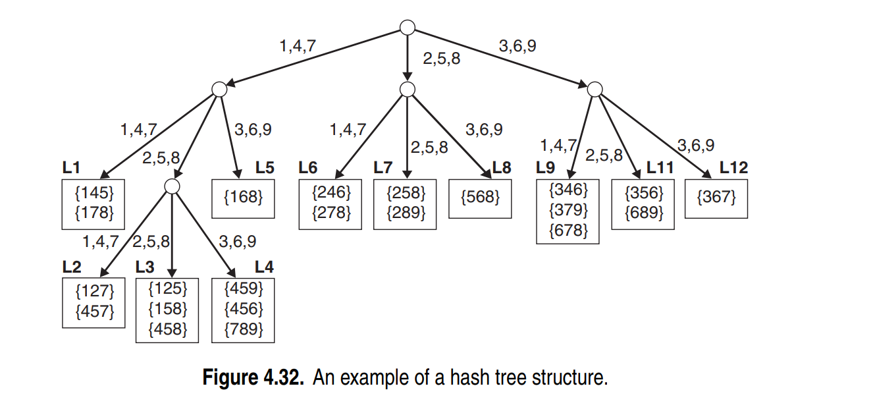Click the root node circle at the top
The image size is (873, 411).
pyautogui.click(x=408, y=28)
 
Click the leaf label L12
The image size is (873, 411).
pyautogui.click(x=733, y=168)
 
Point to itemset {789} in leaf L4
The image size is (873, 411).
pyautogui.click(x=244, y=329)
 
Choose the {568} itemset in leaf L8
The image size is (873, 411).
pyautogui.click(x=480, y=196)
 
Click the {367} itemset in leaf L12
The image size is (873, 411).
pyautogui.click(x=716, y=196)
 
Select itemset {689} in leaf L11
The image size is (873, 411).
pyautogui.click(x=642, y=213)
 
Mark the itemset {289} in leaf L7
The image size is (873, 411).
pyautogui.click(x=406, y=213)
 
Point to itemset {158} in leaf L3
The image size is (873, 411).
pyautogui.click(x=168, y=309)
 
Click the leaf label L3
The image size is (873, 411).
pyautogui.click(x=145, y=267)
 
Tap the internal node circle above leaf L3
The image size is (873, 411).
pyautogui.click(x=172, y=186)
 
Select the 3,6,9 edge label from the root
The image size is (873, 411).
pyautogui.click(x=517, y=47)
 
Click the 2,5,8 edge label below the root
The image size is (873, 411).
pyautogui.click(x=441, y=59)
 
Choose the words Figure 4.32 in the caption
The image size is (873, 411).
pyautogui.click(x=253, y=379)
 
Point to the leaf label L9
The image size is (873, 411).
pyautogui.click(x=545, y=168)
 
